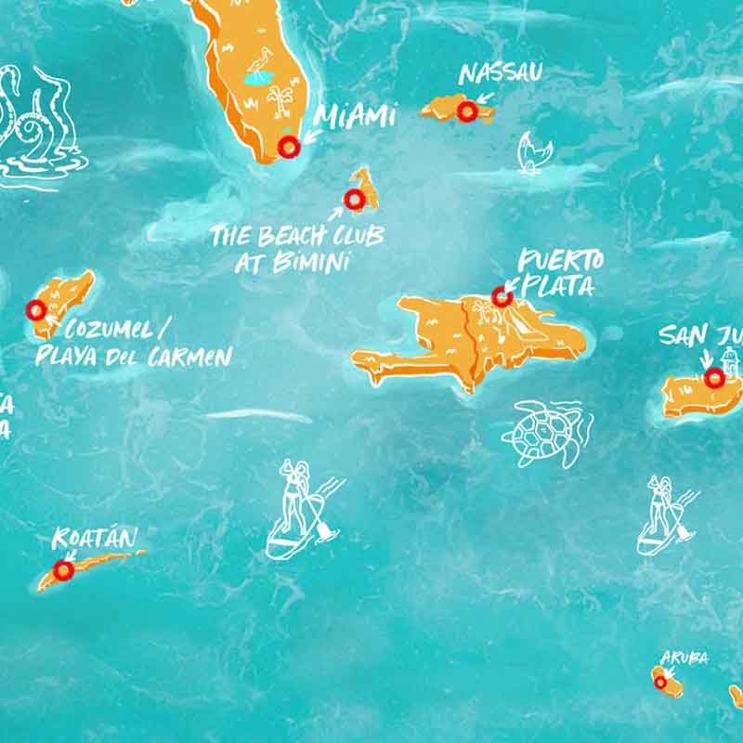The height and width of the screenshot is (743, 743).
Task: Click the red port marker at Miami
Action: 289,146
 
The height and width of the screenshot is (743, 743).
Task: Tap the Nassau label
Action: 501,72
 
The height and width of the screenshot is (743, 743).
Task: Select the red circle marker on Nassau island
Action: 467,111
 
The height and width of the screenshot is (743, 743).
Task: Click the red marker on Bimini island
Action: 354,199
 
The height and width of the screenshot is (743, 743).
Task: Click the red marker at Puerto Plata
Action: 502,297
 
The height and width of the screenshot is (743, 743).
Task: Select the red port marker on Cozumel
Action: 36,310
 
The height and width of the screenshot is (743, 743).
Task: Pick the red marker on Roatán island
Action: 63,570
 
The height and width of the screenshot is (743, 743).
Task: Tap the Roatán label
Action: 95,538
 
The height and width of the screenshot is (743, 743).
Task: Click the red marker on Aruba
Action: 660,682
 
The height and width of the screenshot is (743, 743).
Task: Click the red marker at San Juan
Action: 713,378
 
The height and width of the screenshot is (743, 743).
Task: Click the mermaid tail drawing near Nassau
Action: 530,152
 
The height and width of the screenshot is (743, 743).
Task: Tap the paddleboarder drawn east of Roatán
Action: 300,511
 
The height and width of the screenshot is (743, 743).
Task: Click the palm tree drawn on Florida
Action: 279,97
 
